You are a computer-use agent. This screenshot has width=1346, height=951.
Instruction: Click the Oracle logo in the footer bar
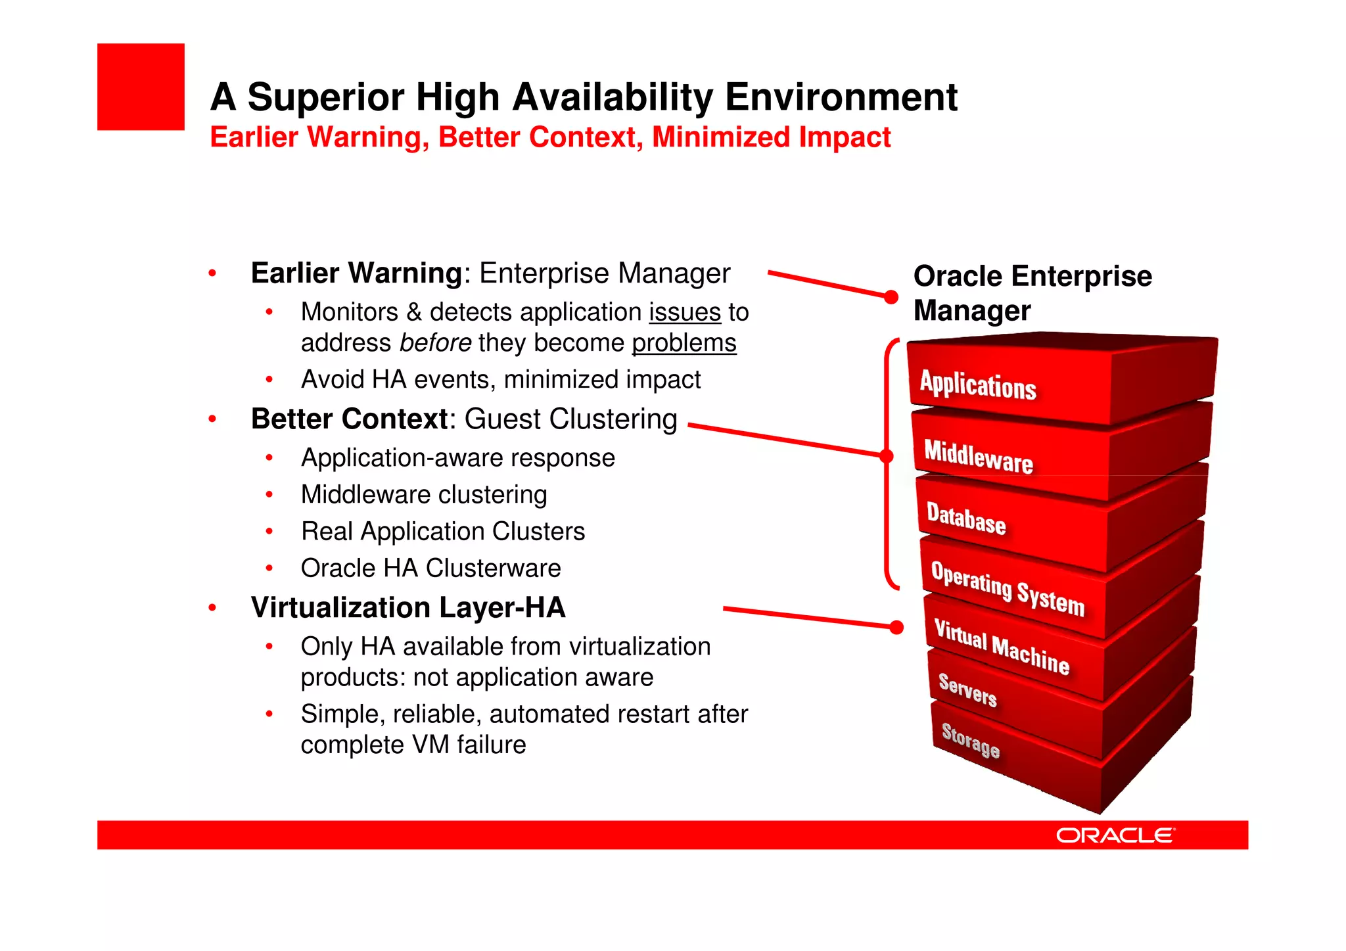[x=1115, y=835]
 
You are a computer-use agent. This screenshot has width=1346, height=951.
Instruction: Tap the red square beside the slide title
[x=141, y=87]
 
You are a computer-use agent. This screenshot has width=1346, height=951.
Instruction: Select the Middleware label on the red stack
[x=978, y=455]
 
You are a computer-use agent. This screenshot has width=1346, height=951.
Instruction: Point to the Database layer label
[x=965, y=518]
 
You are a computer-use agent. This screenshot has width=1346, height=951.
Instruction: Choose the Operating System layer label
[x=1007, y=588]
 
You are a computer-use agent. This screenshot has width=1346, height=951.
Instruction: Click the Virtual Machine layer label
[x=1002, y=647]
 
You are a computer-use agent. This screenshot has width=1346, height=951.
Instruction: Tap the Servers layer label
[x=967, y=690]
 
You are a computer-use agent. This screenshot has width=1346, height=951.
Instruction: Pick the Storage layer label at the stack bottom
[x=970, y=739]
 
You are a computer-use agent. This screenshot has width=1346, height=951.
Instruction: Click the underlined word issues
[x=685, y=312]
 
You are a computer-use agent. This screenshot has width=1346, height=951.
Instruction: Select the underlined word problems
[x=684, y=343]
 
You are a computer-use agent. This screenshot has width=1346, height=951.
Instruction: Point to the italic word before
[x=435, y=343]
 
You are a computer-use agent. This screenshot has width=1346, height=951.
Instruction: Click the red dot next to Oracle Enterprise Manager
[x=891, y=297]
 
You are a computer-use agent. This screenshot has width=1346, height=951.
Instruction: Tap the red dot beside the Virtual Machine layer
[x=896, y=627]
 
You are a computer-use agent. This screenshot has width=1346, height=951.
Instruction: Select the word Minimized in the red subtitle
[x=720, y=137]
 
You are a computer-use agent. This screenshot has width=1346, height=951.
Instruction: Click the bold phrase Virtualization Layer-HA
[x=408, y=607]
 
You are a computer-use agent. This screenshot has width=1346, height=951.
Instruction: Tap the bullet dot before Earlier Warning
[x=212, y=273]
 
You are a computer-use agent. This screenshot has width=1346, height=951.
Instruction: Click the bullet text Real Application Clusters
[x=442, y=531]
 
